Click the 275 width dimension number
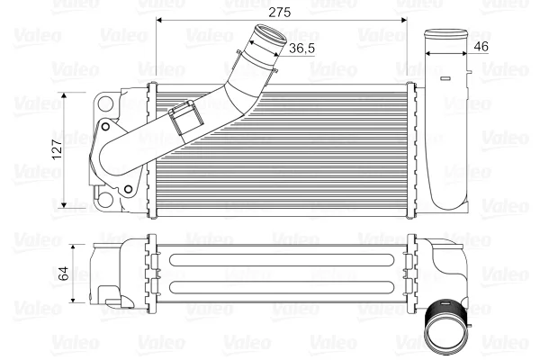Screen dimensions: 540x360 pos(279,12)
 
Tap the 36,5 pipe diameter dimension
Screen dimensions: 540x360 pos(301,49)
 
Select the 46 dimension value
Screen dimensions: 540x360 pos(481,46)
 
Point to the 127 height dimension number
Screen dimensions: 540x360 pos(58,149)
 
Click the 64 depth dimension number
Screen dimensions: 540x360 pos(64,274)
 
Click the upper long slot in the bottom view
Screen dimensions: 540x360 pos(282,260)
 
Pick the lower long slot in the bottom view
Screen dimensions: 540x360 pos(282,287)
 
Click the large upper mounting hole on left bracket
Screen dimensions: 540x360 pos(105,103)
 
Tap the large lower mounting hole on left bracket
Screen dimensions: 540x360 pos(105,200)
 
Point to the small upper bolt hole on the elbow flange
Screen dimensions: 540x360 pos(105,127)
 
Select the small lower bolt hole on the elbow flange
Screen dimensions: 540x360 pos(128,189)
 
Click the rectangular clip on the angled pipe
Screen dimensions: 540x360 pos(184,120)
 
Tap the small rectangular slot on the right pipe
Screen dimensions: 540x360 pos(445,78)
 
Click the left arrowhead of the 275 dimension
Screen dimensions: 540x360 pos(159,21)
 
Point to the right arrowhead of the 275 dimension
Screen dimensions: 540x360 pos(404,21)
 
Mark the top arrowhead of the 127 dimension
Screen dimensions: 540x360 pos(64,95)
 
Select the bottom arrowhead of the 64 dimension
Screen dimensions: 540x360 pos(73,300)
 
